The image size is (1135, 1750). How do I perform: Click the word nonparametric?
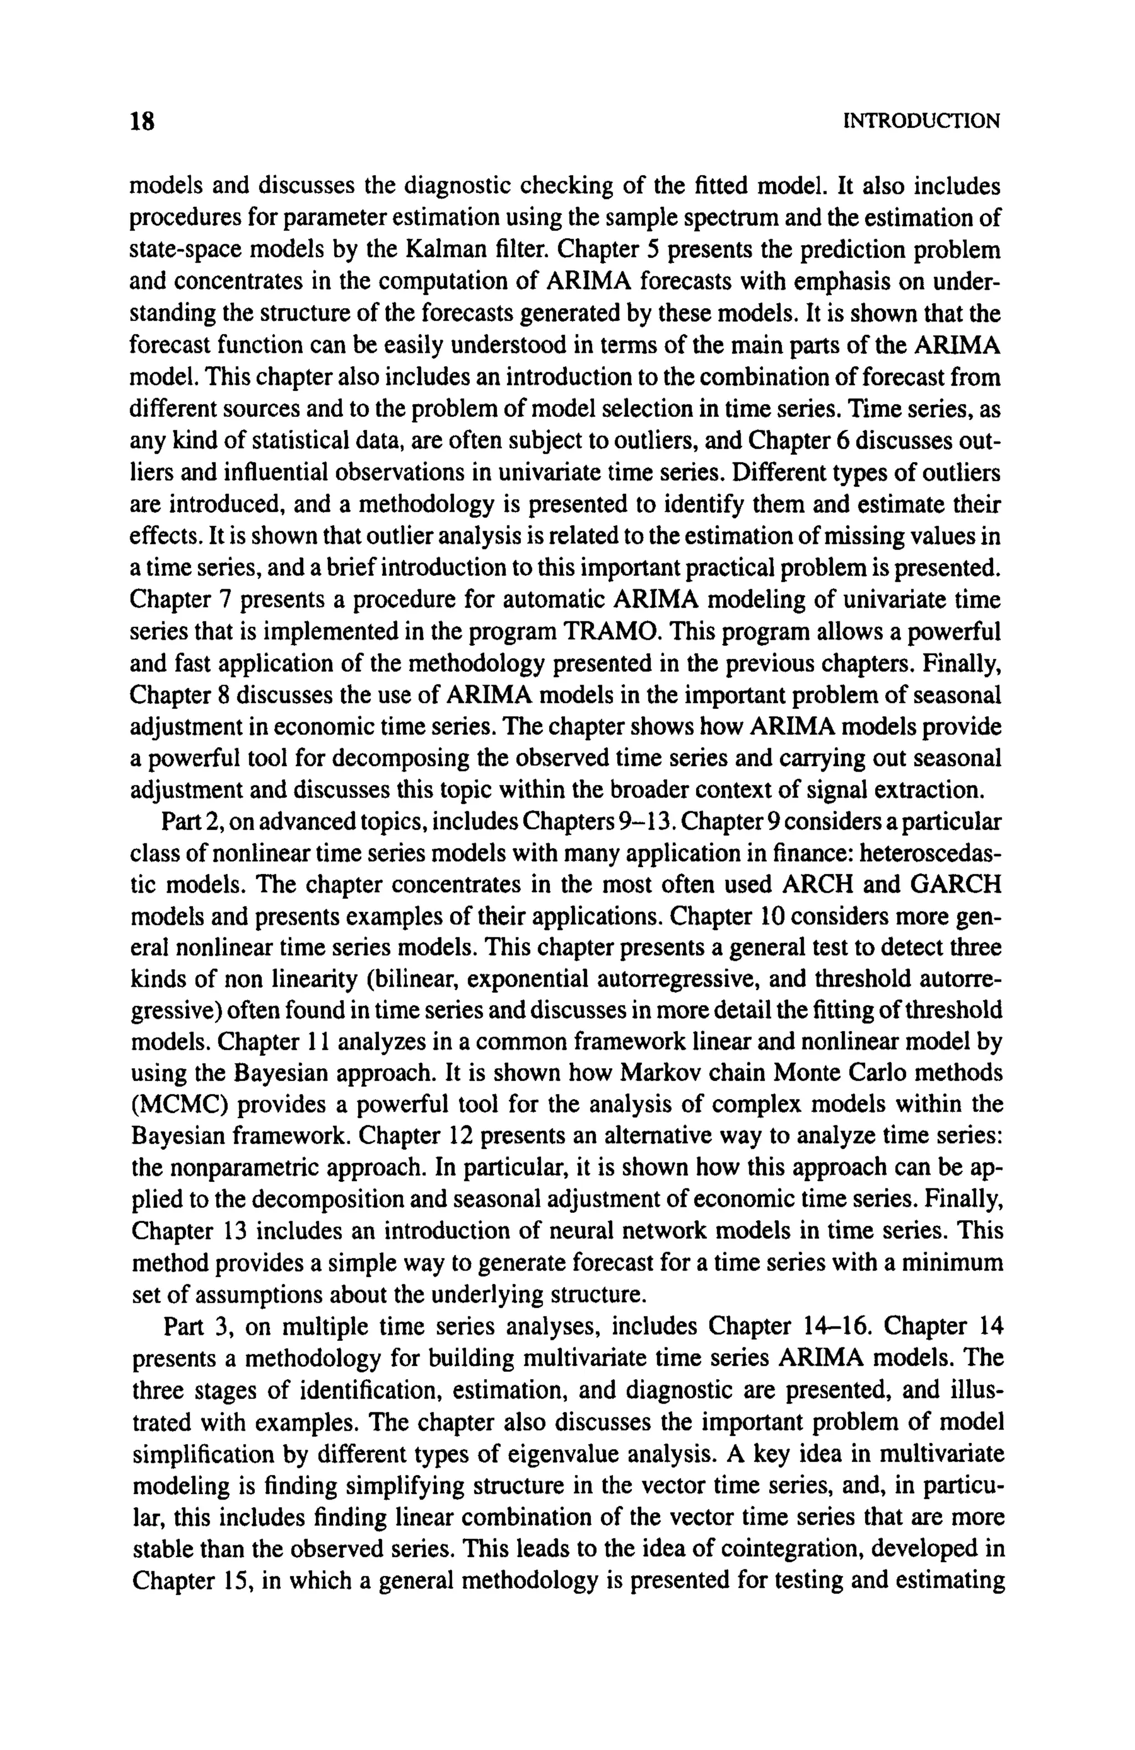coord(265,1167)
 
